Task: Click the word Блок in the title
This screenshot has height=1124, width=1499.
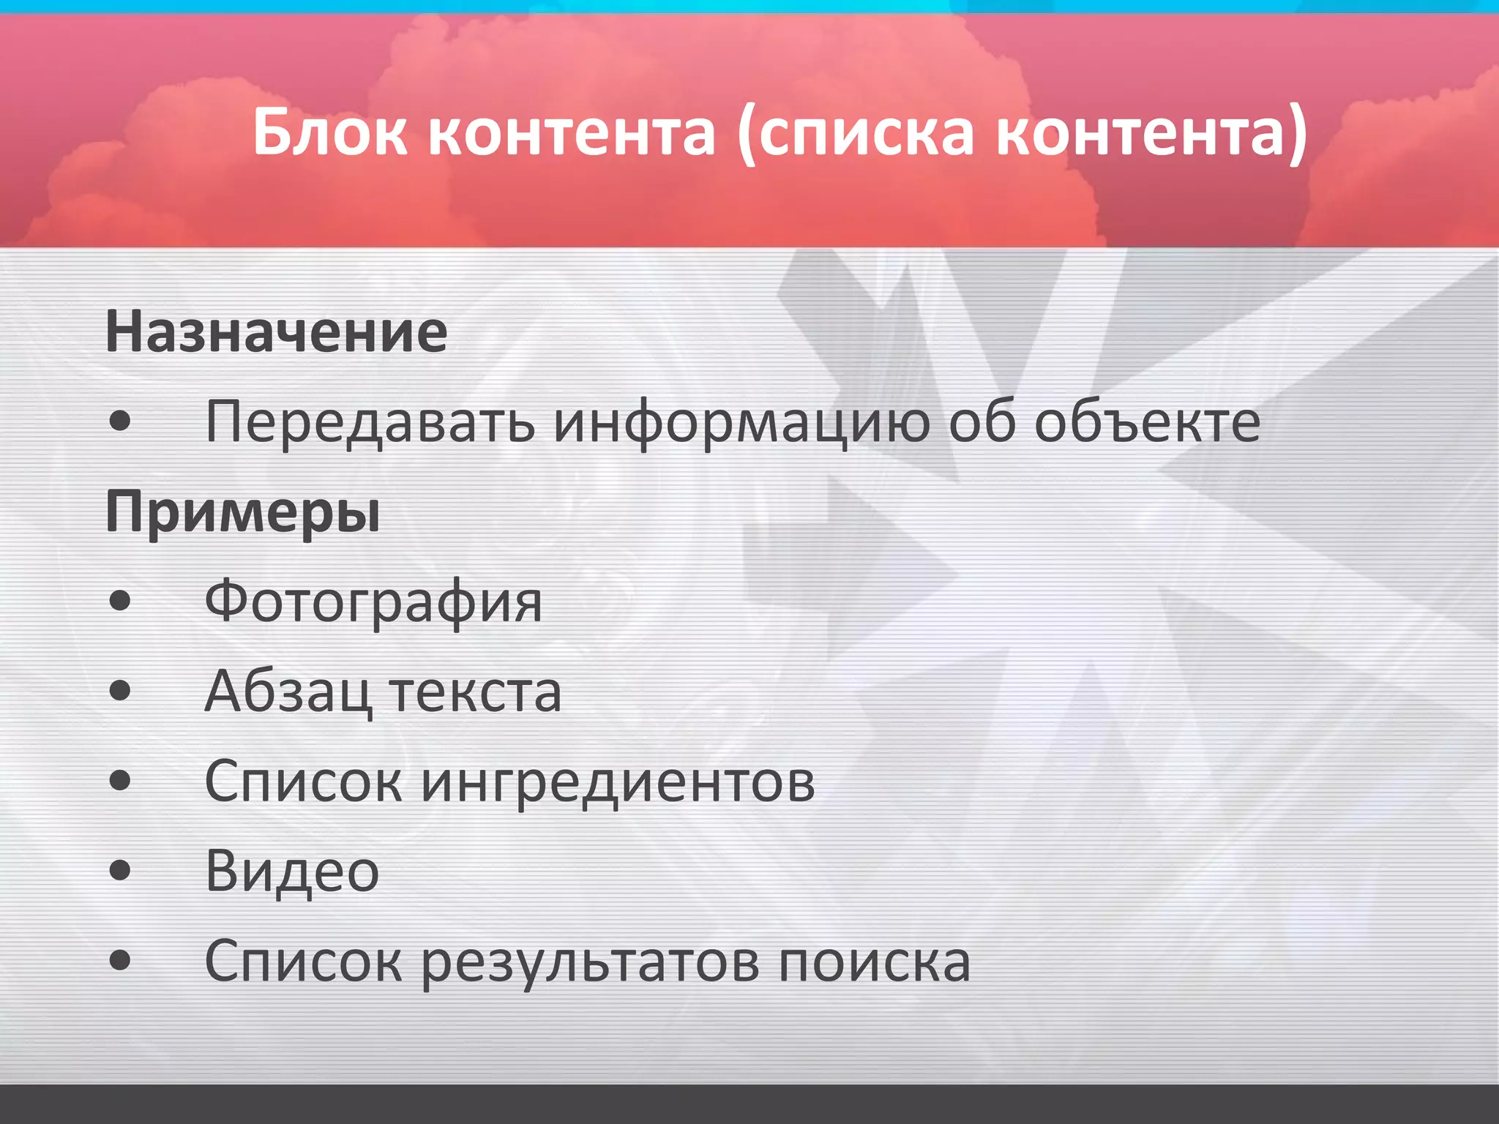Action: tap(330, 132)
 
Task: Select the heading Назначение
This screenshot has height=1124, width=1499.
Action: tap(277, 332)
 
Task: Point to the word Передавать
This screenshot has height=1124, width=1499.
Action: tap(370, 422)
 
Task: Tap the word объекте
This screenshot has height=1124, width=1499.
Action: tap(1147, 422)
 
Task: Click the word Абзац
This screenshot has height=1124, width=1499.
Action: tap(288, 692)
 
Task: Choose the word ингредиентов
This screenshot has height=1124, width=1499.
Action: tap(618, 782)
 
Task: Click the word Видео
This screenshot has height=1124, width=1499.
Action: tap(292, 872)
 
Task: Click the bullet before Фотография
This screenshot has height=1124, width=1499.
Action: tap(119, 602)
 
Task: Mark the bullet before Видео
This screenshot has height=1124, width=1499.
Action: tap(119, 871)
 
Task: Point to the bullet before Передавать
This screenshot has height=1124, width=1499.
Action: tap(119, 421)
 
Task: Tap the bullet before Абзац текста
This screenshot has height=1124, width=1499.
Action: tap(119, 691)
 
